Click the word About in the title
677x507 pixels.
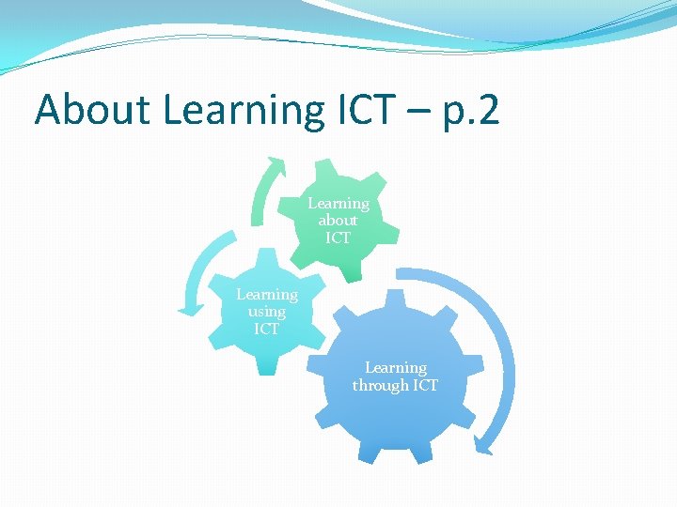92,111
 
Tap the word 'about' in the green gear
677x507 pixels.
338,221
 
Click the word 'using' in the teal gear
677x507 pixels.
266,312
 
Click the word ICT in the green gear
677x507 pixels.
338,238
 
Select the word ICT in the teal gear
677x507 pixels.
266,330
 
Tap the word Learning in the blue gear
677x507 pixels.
395,368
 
